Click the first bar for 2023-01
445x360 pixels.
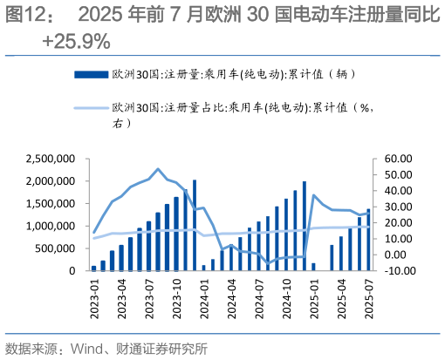94,268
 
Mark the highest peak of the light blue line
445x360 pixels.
158,169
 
